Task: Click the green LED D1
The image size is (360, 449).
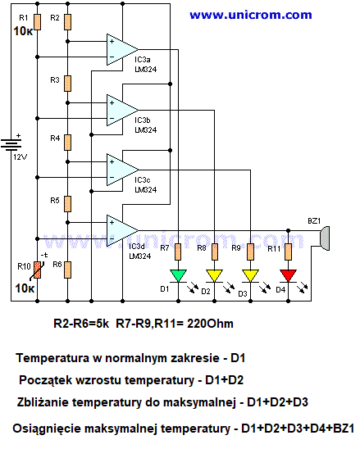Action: point(178,276)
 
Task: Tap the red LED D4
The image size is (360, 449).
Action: point(288,276)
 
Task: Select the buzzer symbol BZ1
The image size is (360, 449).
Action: point(325,238)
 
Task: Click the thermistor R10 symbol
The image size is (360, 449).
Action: point(37,270)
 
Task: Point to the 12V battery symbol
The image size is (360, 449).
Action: point(11,144)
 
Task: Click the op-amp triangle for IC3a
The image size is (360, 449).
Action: point(122,49)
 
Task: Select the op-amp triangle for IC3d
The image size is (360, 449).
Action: point(122,230)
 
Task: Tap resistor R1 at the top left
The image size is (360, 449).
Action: point(37,22)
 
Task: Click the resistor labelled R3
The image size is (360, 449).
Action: point(67,84)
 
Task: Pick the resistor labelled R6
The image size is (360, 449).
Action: point(67,270)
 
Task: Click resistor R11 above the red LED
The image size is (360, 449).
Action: point(288,252)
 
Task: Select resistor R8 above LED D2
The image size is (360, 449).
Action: point(214,252)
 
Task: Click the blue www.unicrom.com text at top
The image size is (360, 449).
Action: point(251,15)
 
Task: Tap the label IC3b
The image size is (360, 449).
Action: point(143,120)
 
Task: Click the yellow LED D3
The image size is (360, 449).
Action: point(250,276)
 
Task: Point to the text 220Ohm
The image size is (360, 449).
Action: point(210,324)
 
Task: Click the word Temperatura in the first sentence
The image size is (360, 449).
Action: point(52,358)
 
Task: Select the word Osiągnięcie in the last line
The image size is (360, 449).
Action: point(47,429)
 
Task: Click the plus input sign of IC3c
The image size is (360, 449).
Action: point(112,162)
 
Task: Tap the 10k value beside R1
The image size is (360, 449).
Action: point(23,31)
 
